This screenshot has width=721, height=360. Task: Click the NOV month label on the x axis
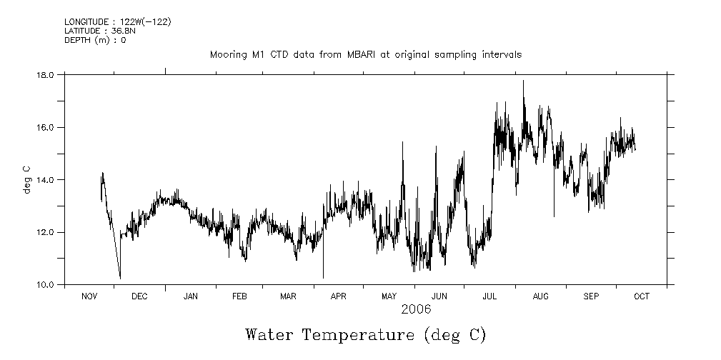tap(89, 296)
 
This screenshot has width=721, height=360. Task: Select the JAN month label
tap(190, 296)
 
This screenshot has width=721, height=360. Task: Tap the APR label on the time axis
tap(339, 296)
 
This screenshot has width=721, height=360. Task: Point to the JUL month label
tap(490, 296)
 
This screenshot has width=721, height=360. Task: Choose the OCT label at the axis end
tap(642, 296)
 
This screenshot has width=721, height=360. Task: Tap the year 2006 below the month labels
tap(416, 309)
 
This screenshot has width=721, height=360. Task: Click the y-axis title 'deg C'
tap(27, 179)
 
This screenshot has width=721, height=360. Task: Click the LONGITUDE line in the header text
tap(117, 22)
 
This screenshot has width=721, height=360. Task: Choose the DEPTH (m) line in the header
tap(95, 40)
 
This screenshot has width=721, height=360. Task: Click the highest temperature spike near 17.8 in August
tap(523, 81)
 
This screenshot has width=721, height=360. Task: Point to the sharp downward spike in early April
tap(323, 277)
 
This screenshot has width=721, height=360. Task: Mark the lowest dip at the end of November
tap(120, 277)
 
